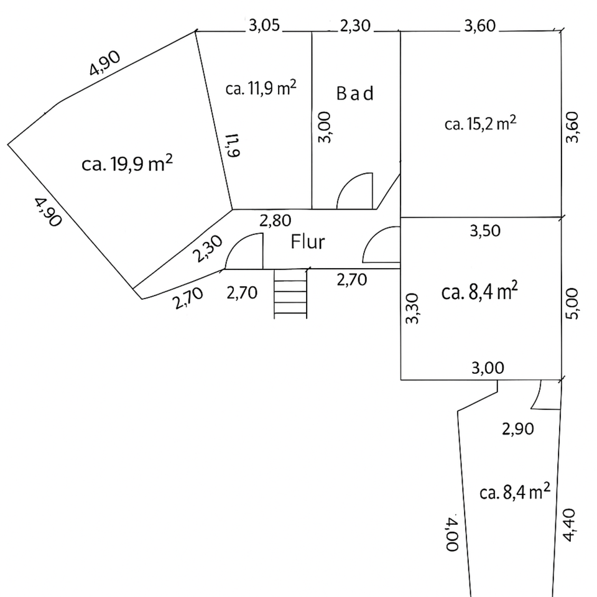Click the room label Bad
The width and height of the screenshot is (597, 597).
tap(355, 94)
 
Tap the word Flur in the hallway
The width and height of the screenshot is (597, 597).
tap(308, 242)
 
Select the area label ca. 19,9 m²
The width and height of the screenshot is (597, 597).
tap(127, 164)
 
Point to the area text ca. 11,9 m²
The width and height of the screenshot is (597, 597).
tap(261, 88)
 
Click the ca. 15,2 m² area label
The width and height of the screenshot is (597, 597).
tap(481, 123)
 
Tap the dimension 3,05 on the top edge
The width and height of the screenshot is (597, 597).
tap(265, 26)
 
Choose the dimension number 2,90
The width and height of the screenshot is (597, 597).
tap(518, 428)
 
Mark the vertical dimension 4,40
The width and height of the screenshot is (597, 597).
tap(571, 525)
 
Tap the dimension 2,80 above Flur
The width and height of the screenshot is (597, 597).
tap(275, 220)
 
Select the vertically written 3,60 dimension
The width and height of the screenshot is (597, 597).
tap(573, 127)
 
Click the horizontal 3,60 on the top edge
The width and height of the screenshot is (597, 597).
tap(480, 26)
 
